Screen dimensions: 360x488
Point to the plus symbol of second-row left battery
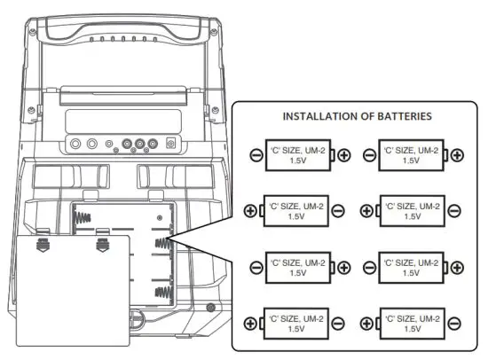[250, 211]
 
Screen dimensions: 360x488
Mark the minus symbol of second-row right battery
[455, 211]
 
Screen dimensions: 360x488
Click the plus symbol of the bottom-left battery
[250, 323]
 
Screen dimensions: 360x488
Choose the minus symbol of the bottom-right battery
[455, 323]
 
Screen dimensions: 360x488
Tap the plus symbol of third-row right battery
[456, 267]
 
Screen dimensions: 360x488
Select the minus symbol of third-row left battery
[256, 267]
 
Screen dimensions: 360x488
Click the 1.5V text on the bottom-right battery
[411, 328]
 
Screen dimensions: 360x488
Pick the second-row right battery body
[411, 211]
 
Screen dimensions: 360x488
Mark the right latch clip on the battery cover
[103, 238]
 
